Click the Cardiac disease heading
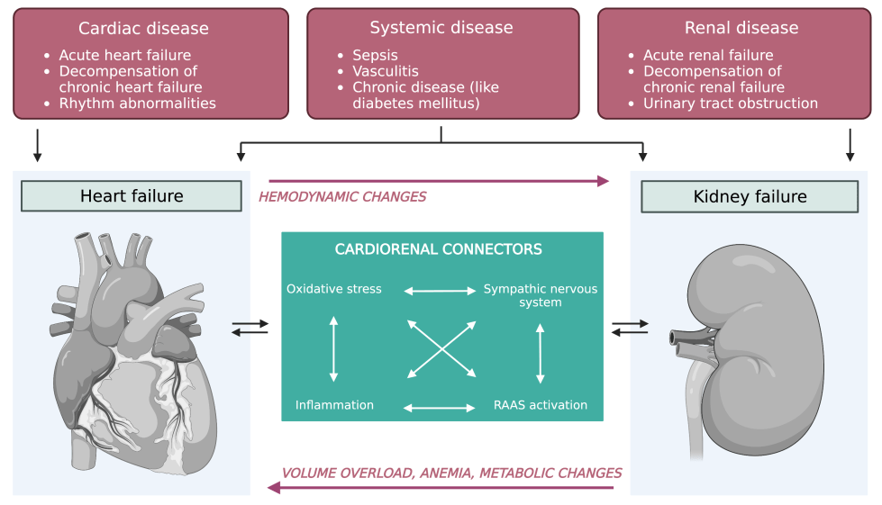[x=143, y=29]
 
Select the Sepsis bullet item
[x=374, y=55]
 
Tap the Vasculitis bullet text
[x=386, y=71]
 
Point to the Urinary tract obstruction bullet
[x=730, y=104]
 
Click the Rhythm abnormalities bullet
[x=137, y=104]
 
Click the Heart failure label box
[x=132, y=196]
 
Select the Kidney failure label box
[x=750, y=196]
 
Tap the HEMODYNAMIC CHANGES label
[x=342, y=196]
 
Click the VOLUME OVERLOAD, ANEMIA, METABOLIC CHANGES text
[x=451, y=473]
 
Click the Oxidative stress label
[x=334, y=289]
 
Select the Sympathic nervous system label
[x=541, y=295]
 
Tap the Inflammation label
[x=334, y=405]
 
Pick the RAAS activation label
[x=541, y=405]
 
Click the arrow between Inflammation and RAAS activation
[x=439, y=408]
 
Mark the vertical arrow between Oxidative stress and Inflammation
[x=334, y=347]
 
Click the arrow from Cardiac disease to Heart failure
[x=37, y=145]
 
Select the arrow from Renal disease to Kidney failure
[x=850, y=145]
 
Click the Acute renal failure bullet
[x=707, y=55]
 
